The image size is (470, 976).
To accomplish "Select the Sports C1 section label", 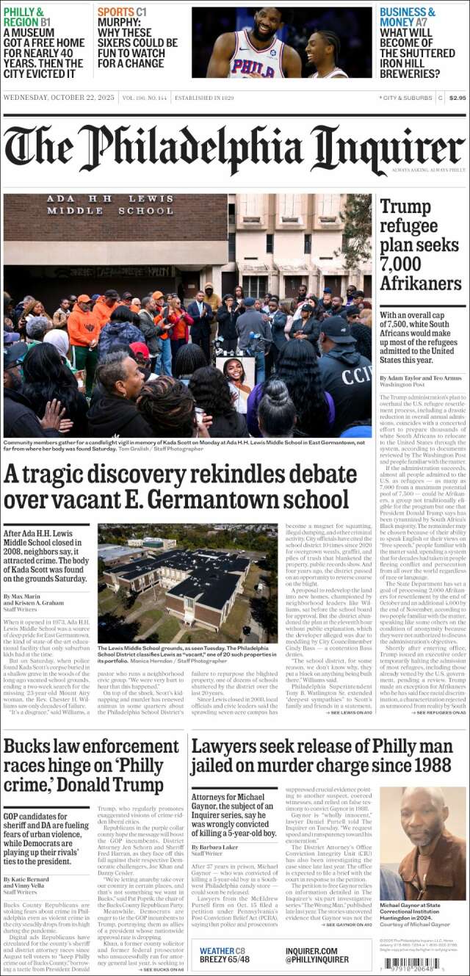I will (122, 12).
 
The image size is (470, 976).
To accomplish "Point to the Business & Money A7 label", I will (408, 17).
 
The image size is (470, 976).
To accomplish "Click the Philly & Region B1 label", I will (27, 17).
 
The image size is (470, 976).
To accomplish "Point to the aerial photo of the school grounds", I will (187, 583).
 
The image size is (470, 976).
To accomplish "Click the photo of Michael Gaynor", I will (422, 844).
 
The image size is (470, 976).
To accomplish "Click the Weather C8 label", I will (223, 951).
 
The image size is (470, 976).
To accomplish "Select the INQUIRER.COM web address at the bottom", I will (311, 951).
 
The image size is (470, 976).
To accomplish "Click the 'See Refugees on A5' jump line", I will (438, 712).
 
